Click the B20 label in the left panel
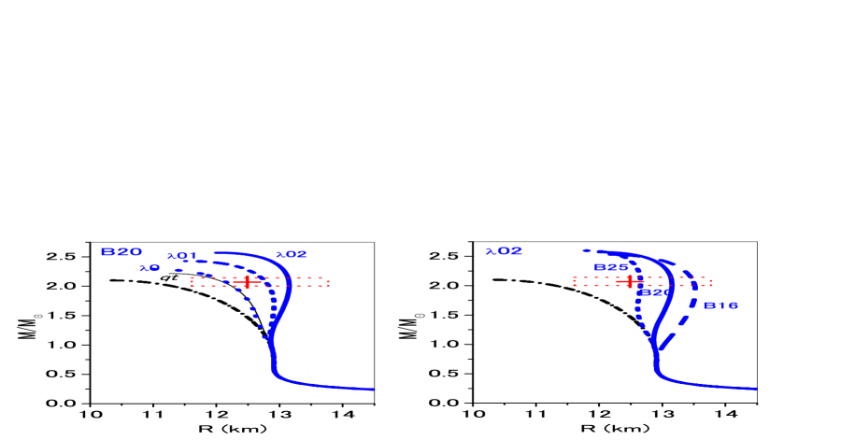[x=121, y=252]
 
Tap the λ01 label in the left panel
[x=182, y=256]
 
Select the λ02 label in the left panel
[x=292, y=254]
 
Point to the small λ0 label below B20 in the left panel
[x=150, y=268]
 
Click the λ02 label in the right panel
[x=504, y=251]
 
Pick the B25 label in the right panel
[x=611, y=267]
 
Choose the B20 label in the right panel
[x=654, y=292]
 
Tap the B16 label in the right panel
[x=720, y=305]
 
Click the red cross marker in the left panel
[x=247, y=281]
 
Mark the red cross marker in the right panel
[x=630, y=280]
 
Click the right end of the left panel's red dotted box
[x=328, y=281]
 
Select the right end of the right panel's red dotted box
[x=711, y=281]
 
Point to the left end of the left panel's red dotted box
[x=192, y=281]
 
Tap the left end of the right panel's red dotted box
[x=574, y=281]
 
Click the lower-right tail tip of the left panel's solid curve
[x=374, y=389]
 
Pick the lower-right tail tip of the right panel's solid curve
[x=756, y=388]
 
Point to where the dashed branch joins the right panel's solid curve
[x=657, y=351]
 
